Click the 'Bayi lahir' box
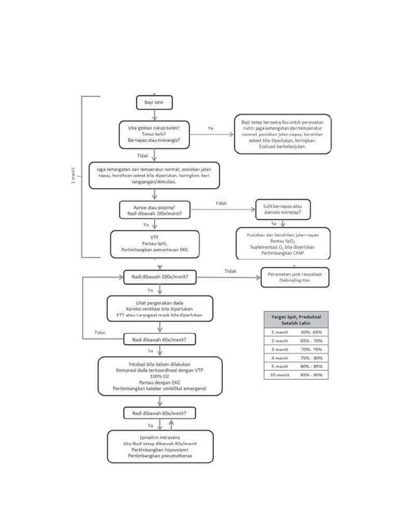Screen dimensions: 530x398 point(154,104)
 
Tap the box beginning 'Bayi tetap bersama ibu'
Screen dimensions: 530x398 point(282,134)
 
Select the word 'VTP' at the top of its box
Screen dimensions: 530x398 point(154,237)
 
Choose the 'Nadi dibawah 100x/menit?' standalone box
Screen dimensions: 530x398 point(160,277)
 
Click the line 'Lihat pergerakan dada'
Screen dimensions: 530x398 point(160,302)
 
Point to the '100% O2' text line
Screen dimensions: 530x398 point(160,376)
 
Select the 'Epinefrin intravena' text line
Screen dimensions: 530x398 point(159,437)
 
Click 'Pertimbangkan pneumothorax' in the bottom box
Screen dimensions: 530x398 point(159,457)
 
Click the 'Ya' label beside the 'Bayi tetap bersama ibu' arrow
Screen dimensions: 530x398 point(211,127)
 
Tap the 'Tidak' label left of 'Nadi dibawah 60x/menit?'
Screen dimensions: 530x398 point(101,332)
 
